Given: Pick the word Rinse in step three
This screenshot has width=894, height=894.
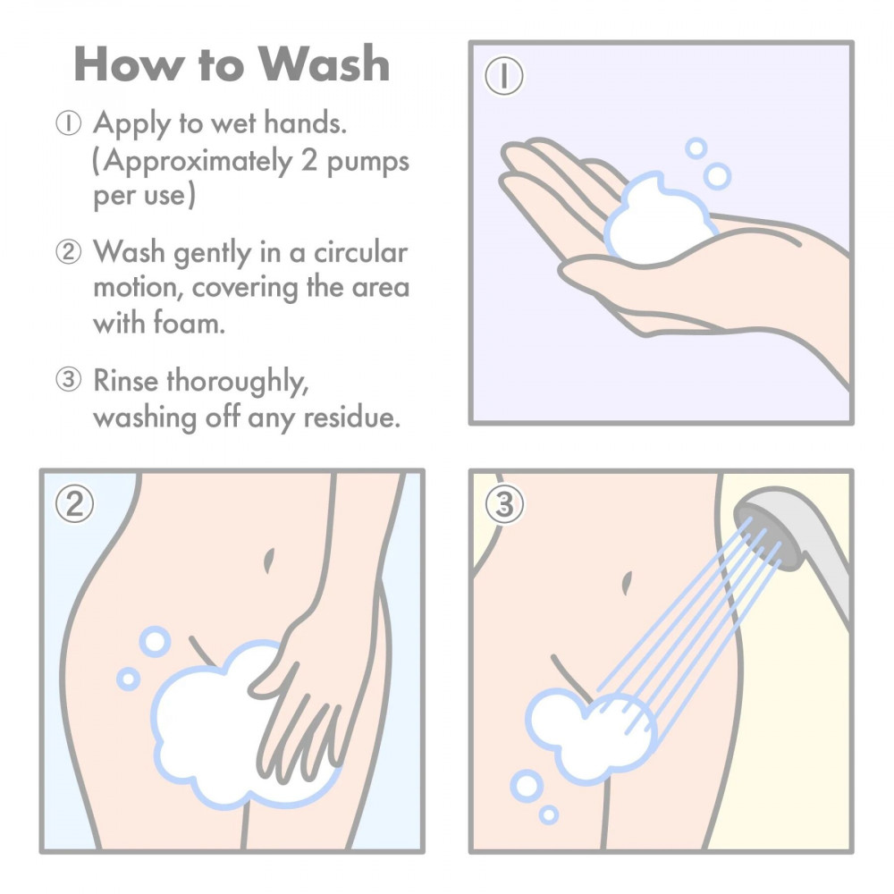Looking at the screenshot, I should (x=127, y=380).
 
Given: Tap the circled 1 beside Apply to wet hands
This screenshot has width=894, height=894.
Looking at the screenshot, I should (x=69, y=124).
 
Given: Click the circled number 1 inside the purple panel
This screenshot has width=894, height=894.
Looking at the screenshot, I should (x=505, y=77).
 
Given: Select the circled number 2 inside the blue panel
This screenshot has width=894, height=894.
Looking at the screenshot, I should (x=75, y=505).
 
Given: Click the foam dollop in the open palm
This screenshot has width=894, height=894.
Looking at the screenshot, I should (x=657, y=219).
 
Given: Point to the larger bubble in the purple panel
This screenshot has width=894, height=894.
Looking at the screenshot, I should (x=717, y=175).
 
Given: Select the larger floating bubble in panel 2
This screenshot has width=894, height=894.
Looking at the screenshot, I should (x=155, y=641).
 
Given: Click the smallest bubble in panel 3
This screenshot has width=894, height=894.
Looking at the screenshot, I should (x=549, y=814).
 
